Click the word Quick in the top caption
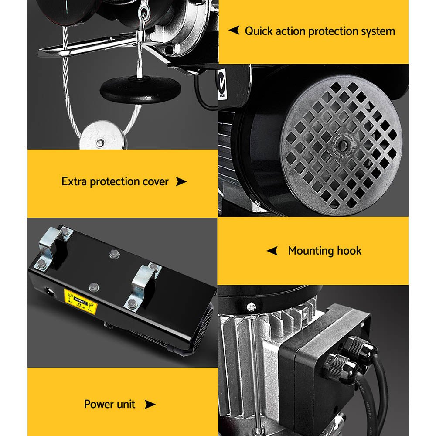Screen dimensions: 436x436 258,31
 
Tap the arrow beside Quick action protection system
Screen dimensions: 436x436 234,31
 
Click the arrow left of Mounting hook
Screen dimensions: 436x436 272,251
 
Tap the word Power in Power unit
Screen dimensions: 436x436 98,404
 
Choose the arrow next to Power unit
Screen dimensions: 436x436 150,404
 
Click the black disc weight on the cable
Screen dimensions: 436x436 140,89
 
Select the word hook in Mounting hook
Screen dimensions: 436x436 349,251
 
